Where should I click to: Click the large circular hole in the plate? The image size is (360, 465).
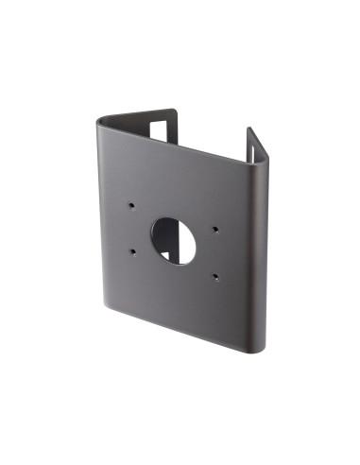[x=172, y=239]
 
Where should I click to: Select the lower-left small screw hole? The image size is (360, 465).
[x=132, y=250]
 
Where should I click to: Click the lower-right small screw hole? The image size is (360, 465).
[x=214, y=277]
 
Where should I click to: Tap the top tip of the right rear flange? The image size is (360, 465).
[x=249, y=129]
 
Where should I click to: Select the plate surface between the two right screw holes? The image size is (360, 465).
[x=215, y=253]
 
